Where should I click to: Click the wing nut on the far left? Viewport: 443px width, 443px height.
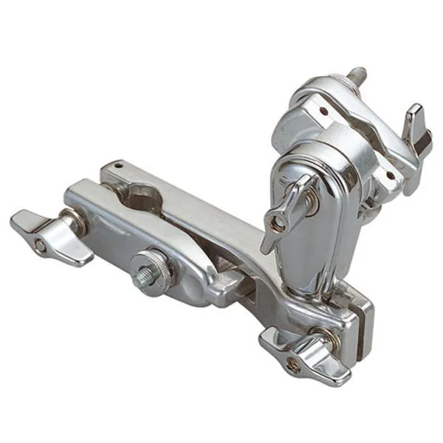[49, 235]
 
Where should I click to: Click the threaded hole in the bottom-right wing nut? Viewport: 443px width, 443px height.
[294, 365]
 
